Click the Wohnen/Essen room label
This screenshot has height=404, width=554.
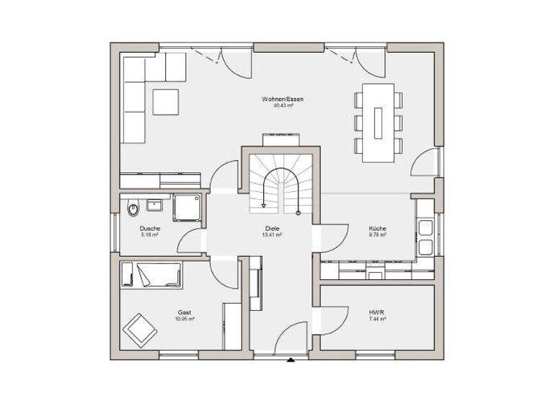click(x=277, y=98)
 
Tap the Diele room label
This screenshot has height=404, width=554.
click(x=272, y=228)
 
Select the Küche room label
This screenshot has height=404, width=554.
click(x=378, y=228)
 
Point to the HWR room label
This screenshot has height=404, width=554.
click(x=377, y=312)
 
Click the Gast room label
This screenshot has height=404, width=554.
click(x=185, y=312)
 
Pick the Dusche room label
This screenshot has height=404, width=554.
click(x=150, y=228)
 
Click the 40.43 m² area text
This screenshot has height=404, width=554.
click(x=277, y=105)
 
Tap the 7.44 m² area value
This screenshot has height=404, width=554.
click(x=377, y=319)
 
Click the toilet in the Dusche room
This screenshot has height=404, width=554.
click(x=133, y=209)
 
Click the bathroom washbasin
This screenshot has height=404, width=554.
click(x=155, y=205)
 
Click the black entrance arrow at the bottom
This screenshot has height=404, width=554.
click(x=290, y=359)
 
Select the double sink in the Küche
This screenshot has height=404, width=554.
click(x=425, y=237)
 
